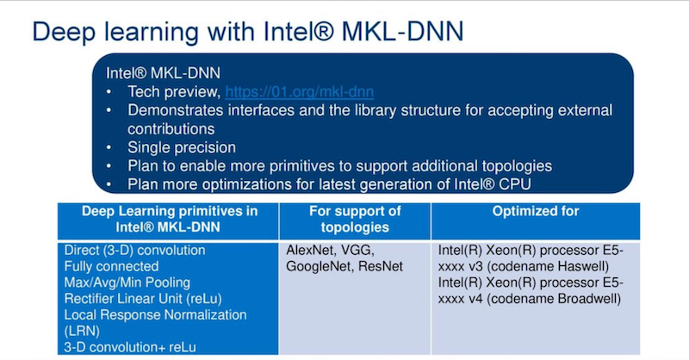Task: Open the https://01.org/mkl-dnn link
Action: pyautogui.click(x=299, y=91)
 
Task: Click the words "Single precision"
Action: pyautogui.click(x=182, y=147)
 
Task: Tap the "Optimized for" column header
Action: pyautogui.click(x=535, y=211)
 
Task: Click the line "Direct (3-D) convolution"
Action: pyautogui.click(x=134, y=250)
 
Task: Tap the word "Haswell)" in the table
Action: pyautogui.click(x=585, y=265)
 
